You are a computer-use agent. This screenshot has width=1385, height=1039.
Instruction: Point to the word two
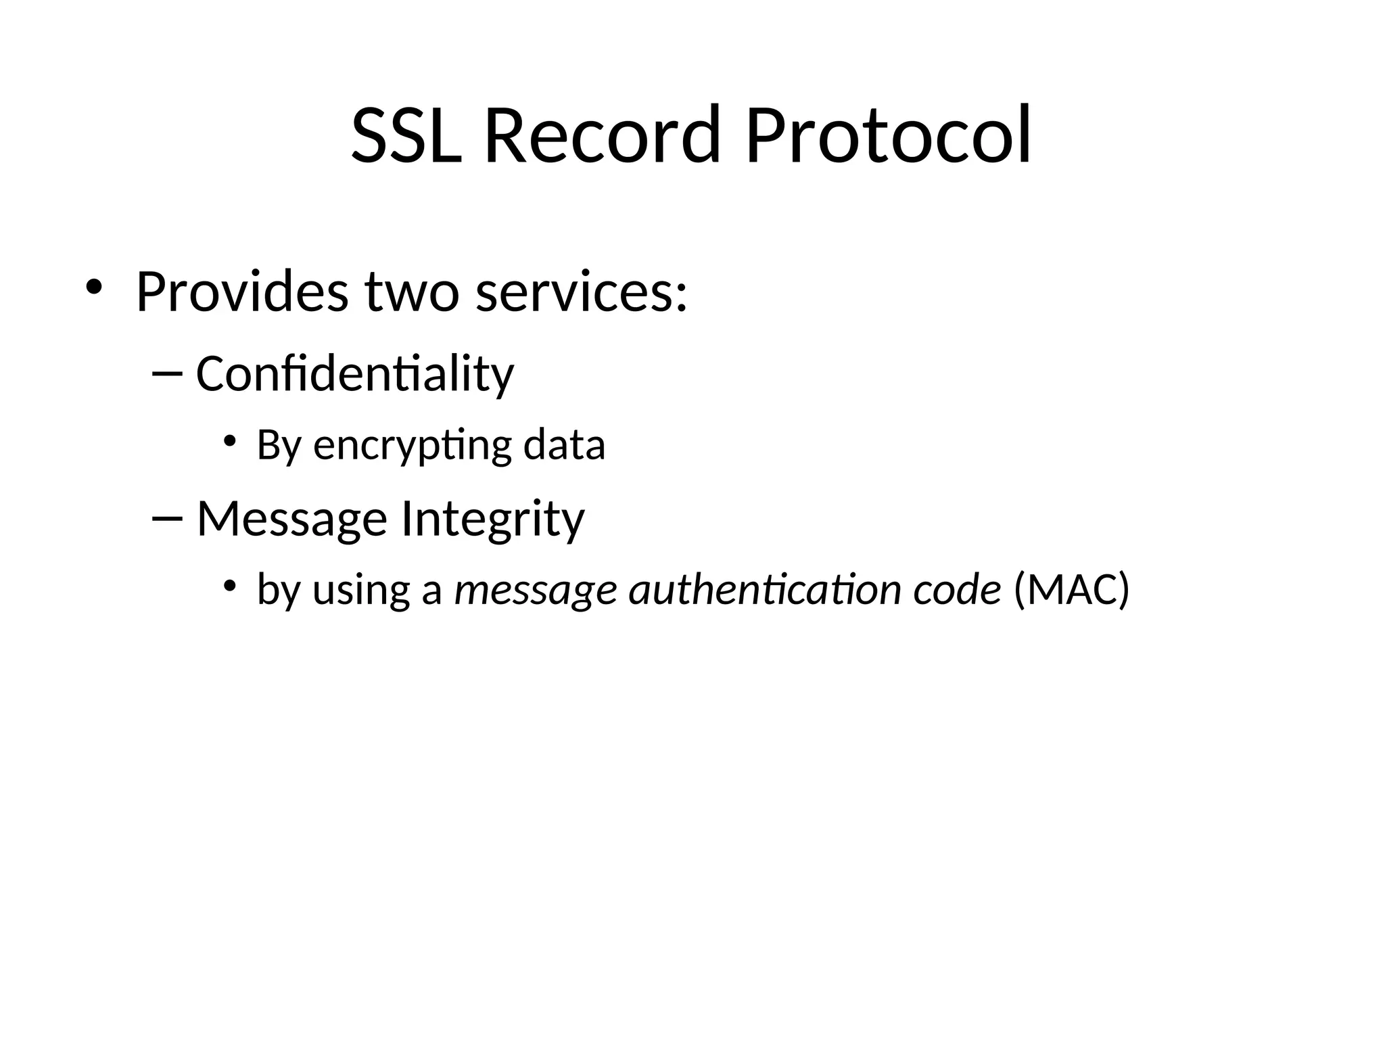click(x=412, y=293)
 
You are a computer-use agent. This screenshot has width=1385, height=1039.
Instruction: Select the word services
click(x=581, y=293)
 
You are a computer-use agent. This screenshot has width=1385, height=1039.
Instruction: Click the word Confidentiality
click(x=354, y=373)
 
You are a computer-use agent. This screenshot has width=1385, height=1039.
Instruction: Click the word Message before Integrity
click(x=291, y=519)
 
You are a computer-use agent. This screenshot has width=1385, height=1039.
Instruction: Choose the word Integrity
click(x=492, y=519)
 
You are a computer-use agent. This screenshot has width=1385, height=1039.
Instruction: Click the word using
click(x=361, y=590)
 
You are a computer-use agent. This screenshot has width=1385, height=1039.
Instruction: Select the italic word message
click(x=535, y=590)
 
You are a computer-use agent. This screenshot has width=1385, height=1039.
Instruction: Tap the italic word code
click(x=957, y=590)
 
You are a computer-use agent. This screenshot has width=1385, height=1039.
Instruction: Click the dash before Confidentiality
click(x=168, y=374)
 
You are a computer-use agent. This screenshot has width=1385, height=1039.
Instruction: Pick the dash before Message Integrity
click(x=168, y=519)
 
